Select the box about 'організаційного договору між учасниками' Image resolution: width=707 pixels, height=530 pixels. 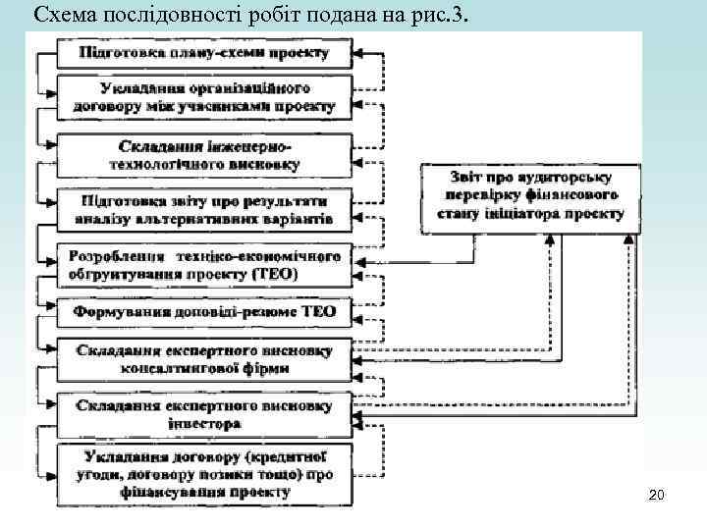(x=203, y=96)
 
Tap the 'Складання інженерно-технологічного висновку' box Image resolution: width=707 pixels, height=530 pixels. (x=203, y=153)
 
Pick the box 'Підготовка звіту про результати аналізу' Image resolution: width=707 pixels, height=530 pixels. (x=203, y=208)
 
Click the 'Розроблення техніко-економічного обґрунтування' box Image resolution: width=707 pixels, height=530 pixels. (x=203, y=264)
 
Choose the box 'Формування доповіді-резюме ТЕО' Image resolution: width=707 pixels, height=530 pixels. (x=203, y=312)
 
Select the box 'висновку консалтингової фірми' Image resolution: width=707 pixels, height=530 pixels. (x=203, y=360)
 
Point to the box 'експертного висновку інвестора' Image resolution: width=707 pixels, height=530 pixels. (x=203, y=415)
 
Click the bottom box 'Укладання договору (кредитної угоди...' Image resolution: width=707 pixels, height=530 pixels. (x=203, y=474)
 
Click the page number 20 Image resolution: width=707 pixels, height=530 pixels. (x=657, y=497)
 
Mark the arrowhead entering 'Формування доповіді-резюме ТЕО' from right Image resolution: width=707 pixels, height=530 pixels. (x=358, y=312)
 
